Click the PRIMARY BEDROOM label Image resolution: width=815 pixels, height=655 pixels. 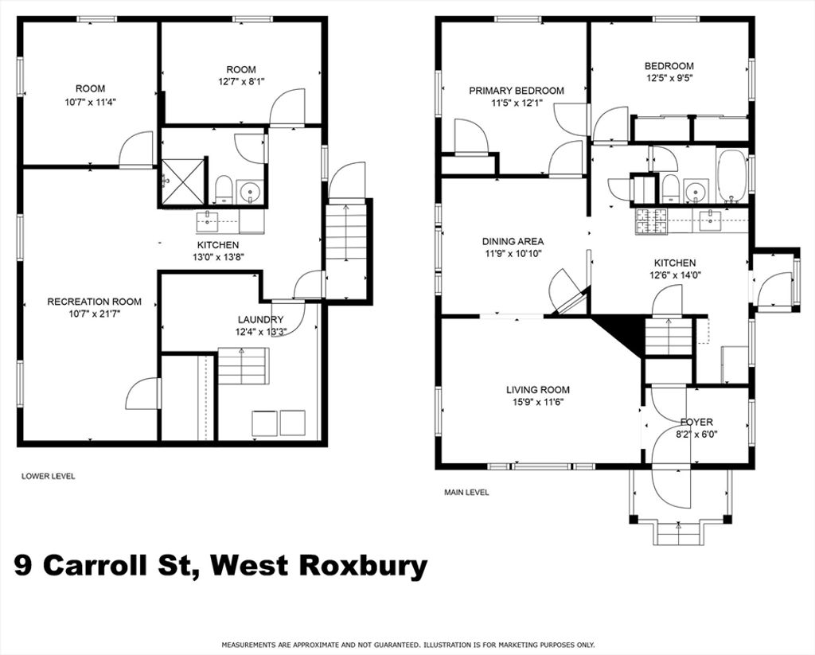pyautogui.click(x=516, y=91)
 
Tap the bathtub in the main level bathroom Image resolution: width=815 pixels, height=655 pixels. pyautogui.click(x=732, y=177)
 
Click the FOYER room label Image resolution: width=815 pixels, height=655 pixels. pyautogui.click(x=696, y=422)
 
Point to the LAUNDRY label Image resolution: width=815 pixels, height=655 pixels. pyautogui.click(x=260, y=320)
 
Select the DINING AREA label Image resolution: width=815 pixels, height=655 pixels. pyautogui.click(x=513, y=241)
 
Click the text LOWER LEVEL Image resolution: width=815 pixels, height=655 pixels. pyautogui.click(x=48, y=476)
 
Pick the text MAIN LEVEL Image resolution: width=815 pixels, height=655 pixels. pyautogui.click(x=466, y=493)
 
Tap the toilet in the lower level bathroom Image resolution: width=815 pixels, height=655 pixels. pyautogui.click(x=224, y=189)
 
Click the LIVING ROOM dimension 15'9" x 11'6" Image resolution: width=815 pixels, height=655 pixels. pyautogui.click(x=538, y=402)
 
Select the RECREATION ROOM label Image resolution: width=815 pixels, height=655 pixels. pyautogui.click(x=94, y=302)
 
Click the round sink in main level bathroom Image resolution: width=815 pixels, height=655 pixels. pyautogui.click(x=695, y=191)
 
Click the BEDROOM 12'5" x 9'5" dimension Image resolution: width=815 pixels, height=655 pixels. pyautogui.click(x=669, y=79)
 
